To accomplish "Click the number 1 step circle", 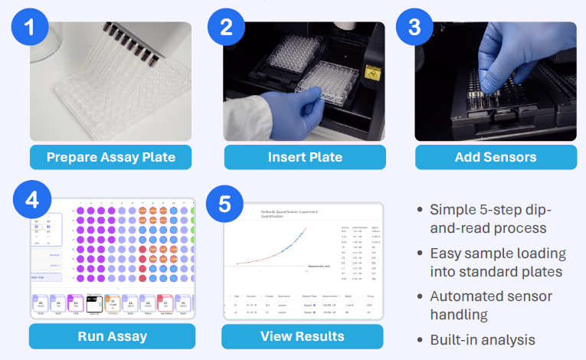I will (x=30, y=27).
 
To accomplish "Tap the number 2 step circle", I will (x=226, y=27).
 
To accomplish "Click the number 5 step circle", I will (x=224, y=204).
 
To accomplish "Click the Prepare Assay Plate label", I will (x=111, y=158).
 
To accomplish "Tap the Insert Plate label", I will (x=305, y=158).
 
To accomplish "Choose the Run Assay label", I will (x=112, y=335).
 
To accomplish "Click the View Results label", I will (x=303, y=335).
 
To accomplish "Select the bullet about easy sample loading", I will (x=498, y=263).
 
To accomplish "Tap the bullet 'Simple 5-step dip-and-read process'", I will (x=490, y=218).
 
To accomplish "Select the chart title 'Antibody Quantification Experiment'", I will (x=286, y=211).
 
